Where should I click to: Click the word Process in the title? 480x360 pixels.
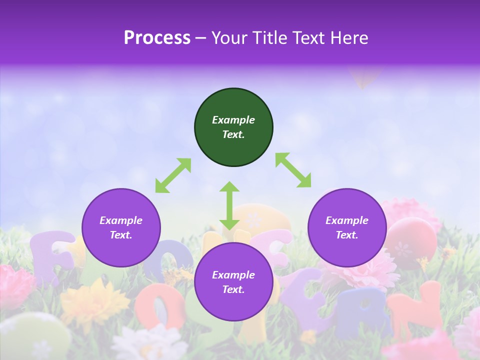point(157,38)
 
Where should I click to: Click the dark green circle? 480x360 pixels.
point(233,127)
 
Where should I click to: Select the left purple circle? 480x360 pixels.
point(121,227)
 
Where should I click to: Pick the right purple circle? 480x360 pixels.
point(347,227)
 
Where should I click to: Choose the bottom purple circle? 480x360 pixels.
point(233,282)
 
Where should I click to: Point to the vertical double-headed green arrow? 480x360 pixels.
point(229,205)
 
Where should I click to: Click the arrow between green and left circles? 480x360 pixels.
point(173,175)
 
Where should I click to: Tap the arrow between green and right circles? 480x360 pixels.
point(293,170)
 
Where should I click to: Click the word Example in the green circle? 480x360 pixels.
point(233,120)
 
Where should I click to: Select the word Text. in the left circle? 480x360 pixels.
point(121,235)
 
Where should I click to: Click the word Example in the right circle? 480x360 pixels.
point(347,220)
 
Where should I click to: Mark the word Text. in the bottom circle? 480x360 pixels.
point(233,289)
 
